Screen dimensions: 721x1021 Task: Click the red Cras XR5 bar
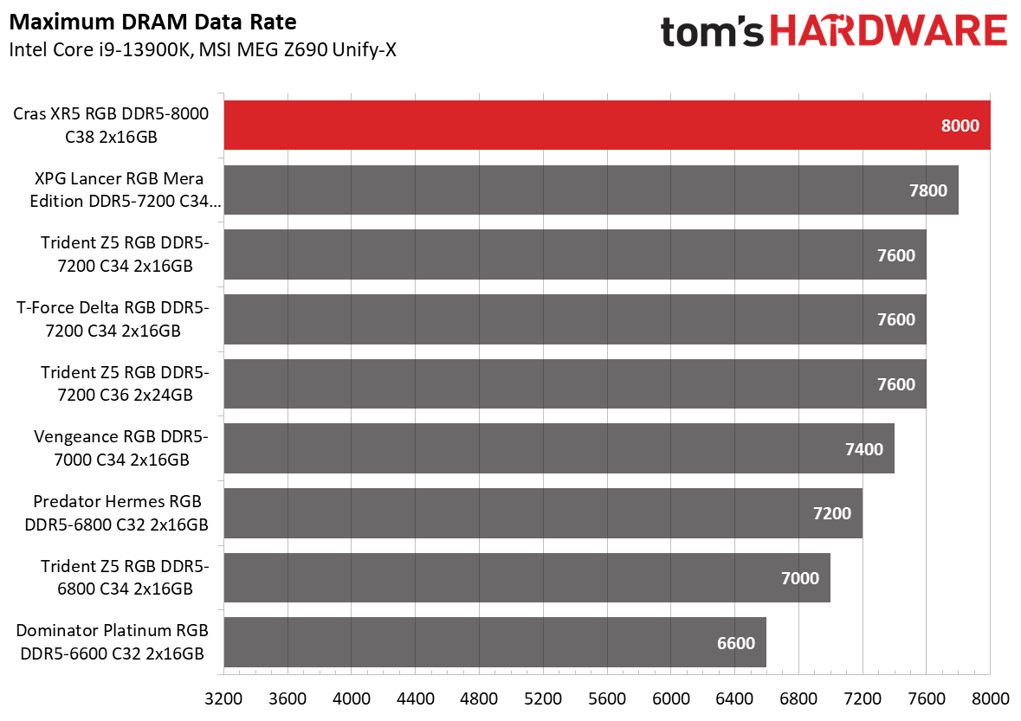click(606, 125)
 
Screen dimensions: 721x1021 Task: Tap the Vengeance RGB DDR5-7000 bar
click(559, 448)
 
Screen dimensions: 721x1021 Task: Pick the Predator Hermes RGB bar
click(543, 512)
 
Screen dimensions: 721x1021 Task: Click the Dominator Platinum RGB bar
click(494, 642)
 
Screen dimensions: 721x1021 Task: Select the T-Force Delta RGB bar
click(575, 319)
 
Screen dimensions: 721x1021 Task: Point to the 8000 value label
click(960, 126)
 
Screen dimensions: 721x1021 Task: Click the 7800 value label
click(928, 190)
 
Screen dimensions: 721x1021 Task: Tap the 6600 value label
click(736, 643)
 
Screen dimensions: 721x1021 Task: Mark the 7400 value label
click(864, 448)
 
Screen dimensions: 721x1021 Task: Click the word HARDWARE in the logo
click(888, 32)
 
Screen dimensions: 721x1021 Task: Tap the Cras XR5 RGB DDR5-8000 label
click(112, 125)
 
